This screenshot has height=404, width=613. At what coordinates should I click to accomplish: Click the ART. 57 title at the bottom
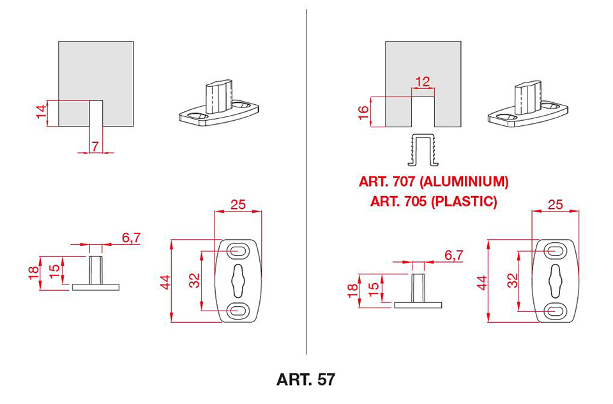click(x=306, y=379)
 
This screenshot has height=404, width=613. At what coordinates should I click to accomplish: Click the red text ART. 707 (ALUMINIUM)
click(x=434, y=182)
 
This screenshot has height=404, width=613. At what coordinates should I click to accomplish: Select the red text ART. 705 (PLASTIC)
click(x=434, y=201)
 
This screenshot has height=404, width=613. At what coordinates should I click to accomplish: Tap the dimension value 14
click(x=41, y=112)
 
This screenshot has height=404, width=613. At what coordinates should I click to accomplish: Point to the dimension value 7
click(x=95, y=146)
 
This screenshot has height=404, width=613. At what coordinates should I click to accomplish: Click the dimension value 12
click(x=423, y=82)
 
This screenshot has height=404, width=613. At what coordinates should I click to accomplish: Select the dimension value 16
click(x=363, y=113)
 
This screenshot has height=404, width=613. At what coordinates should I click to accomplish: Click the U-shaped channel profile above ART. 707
click(x=423, y=150)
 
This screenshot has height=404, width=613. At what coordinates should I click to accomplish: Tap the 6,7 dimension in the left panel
click(x=132, y=238)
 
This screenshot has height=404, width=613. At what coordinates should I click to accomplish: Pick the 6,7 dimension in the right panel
click(x=454, y=255)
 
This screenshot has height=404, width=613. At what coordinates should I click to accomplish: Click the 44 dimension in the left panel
click(x=166, y=283)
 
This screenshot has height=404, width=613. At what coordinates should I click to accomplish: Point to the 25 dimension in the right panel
click(x=555, y=205)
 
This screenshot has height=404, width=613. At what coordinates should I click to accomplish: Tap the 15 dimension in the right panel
click(x=374, y=287)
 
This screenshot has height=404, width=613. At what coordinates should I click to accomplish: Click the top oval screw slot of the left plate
click(x=238, y=251)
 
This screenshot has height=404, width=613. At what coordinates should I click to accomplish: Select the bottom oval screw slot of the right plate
click(x=556, y=311)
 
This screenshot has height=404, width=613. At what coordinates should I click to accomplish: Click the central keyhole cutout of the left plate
click(x=238, y=281)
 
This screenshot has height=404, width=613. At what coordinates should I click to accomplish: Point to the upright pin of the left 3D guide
click(x=218, y=97)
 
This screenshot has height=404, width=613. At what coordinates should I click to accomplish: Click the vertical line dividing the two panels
click(x=306, y=182)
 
